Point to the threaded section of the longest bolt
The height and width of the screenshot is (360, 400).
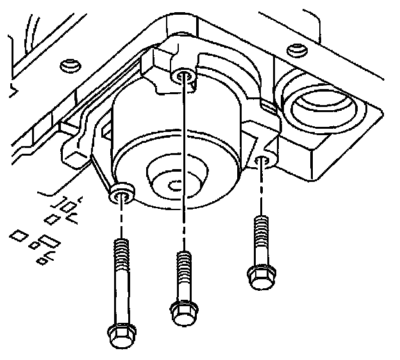pyautogui.click(x=121, y=256)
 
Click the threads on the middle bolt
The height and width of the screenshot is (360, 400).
pyautogui.click(x=183, y=262)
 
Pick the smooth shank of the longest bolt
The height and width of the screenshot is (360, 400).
pyautogui.click(x=121, y=298)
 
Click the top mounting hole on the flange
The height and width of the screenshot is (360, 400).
pyautogui.click(x=183, y=76)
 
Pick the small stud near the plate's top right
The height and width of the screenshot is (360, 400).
pyautogui.click(x=295, y=49)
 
